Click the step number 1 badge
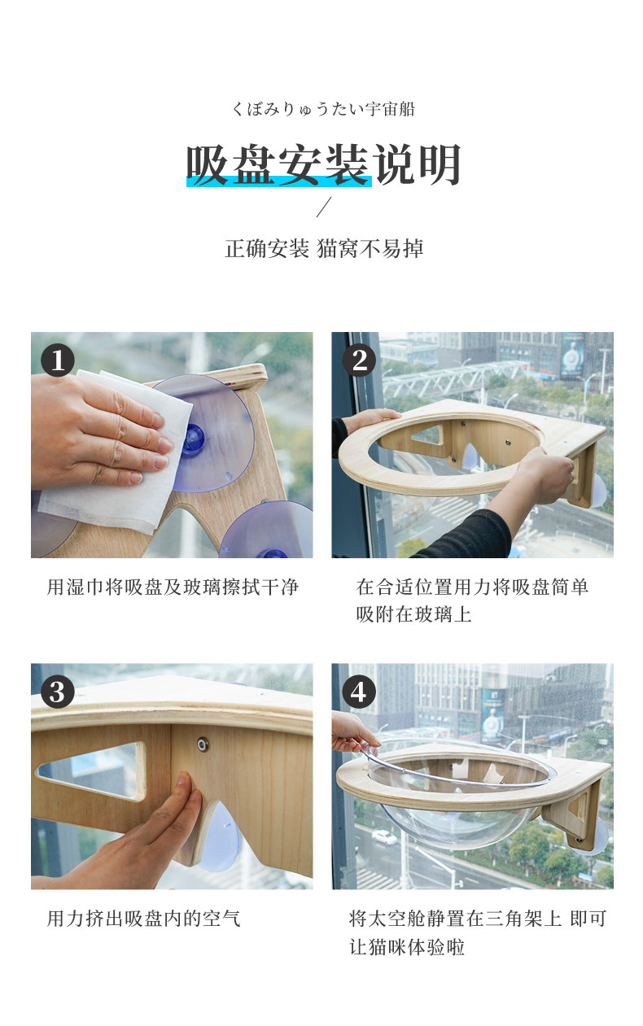(x=58, y=360)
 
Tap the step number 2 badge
(x=359, y=360)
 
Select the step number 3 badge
(x=58, y=692)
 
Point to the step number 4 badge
(x=359, y=692)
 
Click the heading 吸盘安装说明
(x=324, y=165)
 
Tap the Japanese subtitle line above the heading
(x=324, y=109)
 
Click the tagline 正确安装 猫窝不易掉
(x=324, y=249)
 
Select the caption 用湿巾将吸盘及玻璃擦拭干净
(x=173, y=587)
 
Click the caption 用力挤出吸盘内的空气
(x=144, y=919)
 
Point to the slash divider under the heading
(x=324, y=207)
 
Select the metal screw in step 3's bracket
(x=203, y=744)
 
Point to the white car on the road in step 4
(x=384, y=837)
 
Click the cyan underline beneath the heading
(x=278, y=181)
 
